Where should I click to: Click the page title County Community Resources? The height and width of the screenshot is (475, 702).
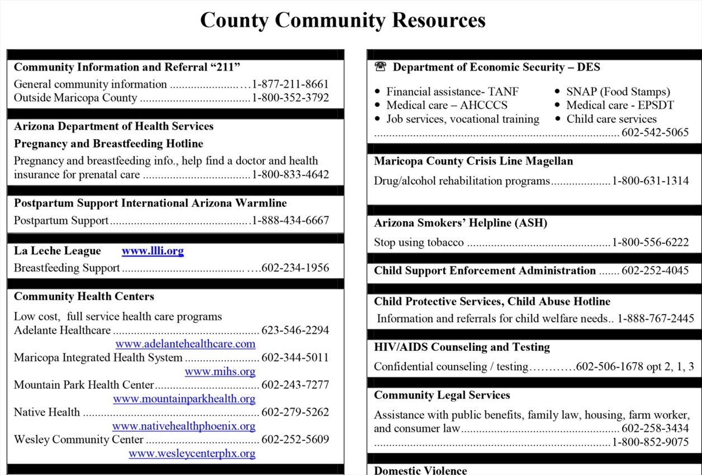(x=343, y=21)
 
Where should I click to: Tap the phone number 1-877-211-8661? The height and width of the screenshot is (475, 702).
(x=290, y=84)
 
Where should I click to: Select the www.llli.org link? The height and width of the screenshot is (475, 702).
(x=153, y=251)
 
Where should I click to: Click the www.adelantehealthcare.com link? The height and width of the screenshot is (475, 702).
(x=185, y=344)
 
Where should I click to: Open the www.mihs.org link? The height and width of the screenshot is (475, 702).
(x=220, y=371)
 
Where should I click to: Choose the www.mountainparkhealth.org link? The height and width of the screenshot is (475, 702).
(x=184, y=399)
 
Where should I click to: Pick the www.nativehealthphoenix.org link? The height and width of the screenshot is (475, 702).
(x=183, y=426)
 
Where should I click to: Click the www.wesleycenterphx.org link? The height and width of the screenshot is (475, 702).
(x=192, y=454)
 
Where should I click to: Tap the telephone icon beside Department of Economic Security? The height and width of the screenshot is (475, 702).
(x=381, y=67)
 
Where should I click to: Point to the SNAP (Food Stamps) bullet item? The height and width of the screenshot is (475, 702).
(x=618, y=92)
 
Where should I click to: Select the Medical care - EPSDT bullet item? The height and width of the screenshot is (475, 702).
(x=620, y=105)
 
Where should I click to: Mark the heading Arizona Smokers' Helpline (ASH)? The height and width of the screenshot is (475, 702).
(x=461, y=223)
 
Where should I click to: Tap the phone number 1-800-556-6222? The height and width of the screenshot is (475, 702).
(x=650, y=243)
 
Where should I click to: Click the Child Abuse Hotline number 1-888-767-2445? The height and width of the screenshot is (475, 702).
(x=656, y=319)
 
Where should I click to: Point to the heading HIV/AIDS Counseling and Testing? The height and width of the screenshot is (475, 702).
(x=462, y=347)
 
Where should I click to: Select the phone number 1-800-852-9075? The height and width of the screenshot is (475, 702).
(x=650, y=443)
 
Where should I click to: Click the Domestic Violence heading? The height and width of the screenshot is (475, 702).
(x=420, y=470)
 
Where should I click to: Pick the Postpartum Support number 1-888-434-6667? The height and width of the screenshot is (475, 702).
(x=290, y=220)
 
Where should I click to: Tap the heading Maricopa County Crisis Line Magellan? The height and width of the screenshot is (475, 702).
(x=473, y=161)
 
